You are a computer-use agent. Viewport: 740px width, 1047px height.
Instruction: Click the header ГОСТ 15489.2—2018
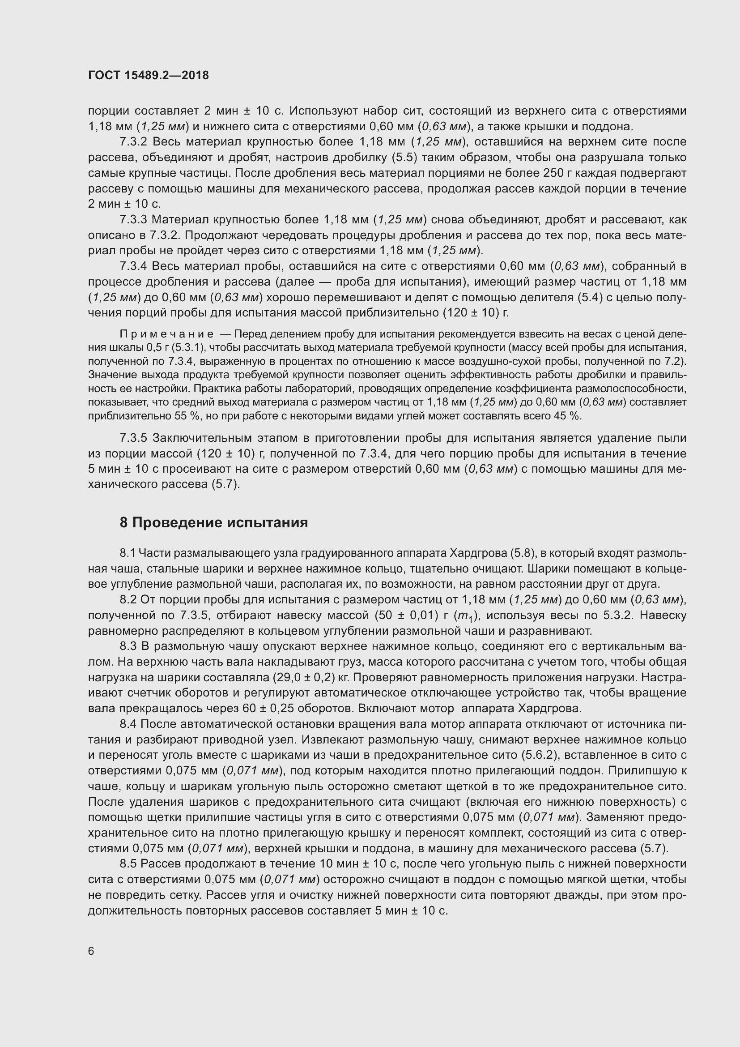coord(149,75)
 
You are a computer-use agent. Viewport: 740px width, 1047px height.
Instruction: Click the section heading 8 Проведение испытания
coord(214,522)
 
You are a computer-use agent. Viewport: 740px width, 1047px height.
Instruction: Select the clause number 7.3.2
coord(134,142)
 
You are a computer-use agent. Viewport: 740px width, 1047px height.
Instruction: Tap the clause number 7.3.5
coord(134,438)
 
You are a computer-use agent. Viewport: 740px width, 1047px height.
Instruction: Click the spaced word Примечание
coord(167,334)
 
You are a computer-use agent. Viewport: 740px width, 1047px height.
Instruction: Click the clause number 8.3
coord(128,647)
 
